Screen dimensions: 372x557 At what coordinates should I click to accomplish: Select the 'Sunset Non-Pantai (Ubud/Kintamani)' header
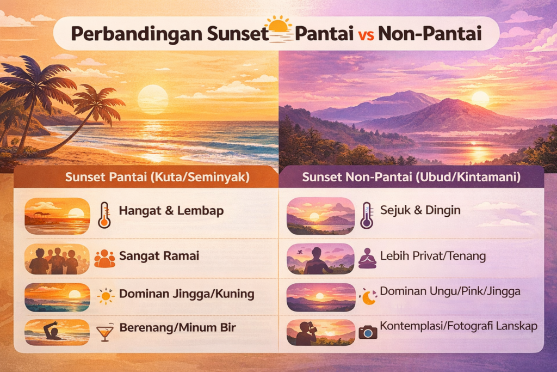click(411, 177)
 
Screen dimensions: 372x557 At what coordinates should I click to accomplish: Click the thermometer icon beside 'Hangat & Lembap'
click(104, 214)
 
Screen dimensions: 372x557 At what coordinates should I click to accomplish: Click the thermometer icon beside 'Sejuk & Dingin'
click(367, 214)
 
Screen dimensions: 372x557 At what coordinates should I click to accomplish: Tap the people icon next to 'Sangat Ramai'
click(104, 258)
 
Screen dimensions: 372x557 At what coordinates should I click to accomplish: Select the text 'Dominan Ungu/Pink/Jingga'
click(450, 291)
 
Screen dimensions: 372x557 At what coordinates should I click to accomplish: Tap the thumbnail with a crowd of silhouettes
click(57, 259)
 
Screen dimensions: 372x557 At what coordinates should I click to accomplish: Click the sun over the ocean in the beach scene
click(152, 99)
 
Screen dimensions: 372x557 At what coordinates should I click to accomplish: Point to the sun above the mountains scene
click(480, 98)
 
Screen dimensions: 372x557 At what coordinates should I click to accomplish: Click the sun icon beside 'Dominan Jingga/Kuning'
click(106, 296)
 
